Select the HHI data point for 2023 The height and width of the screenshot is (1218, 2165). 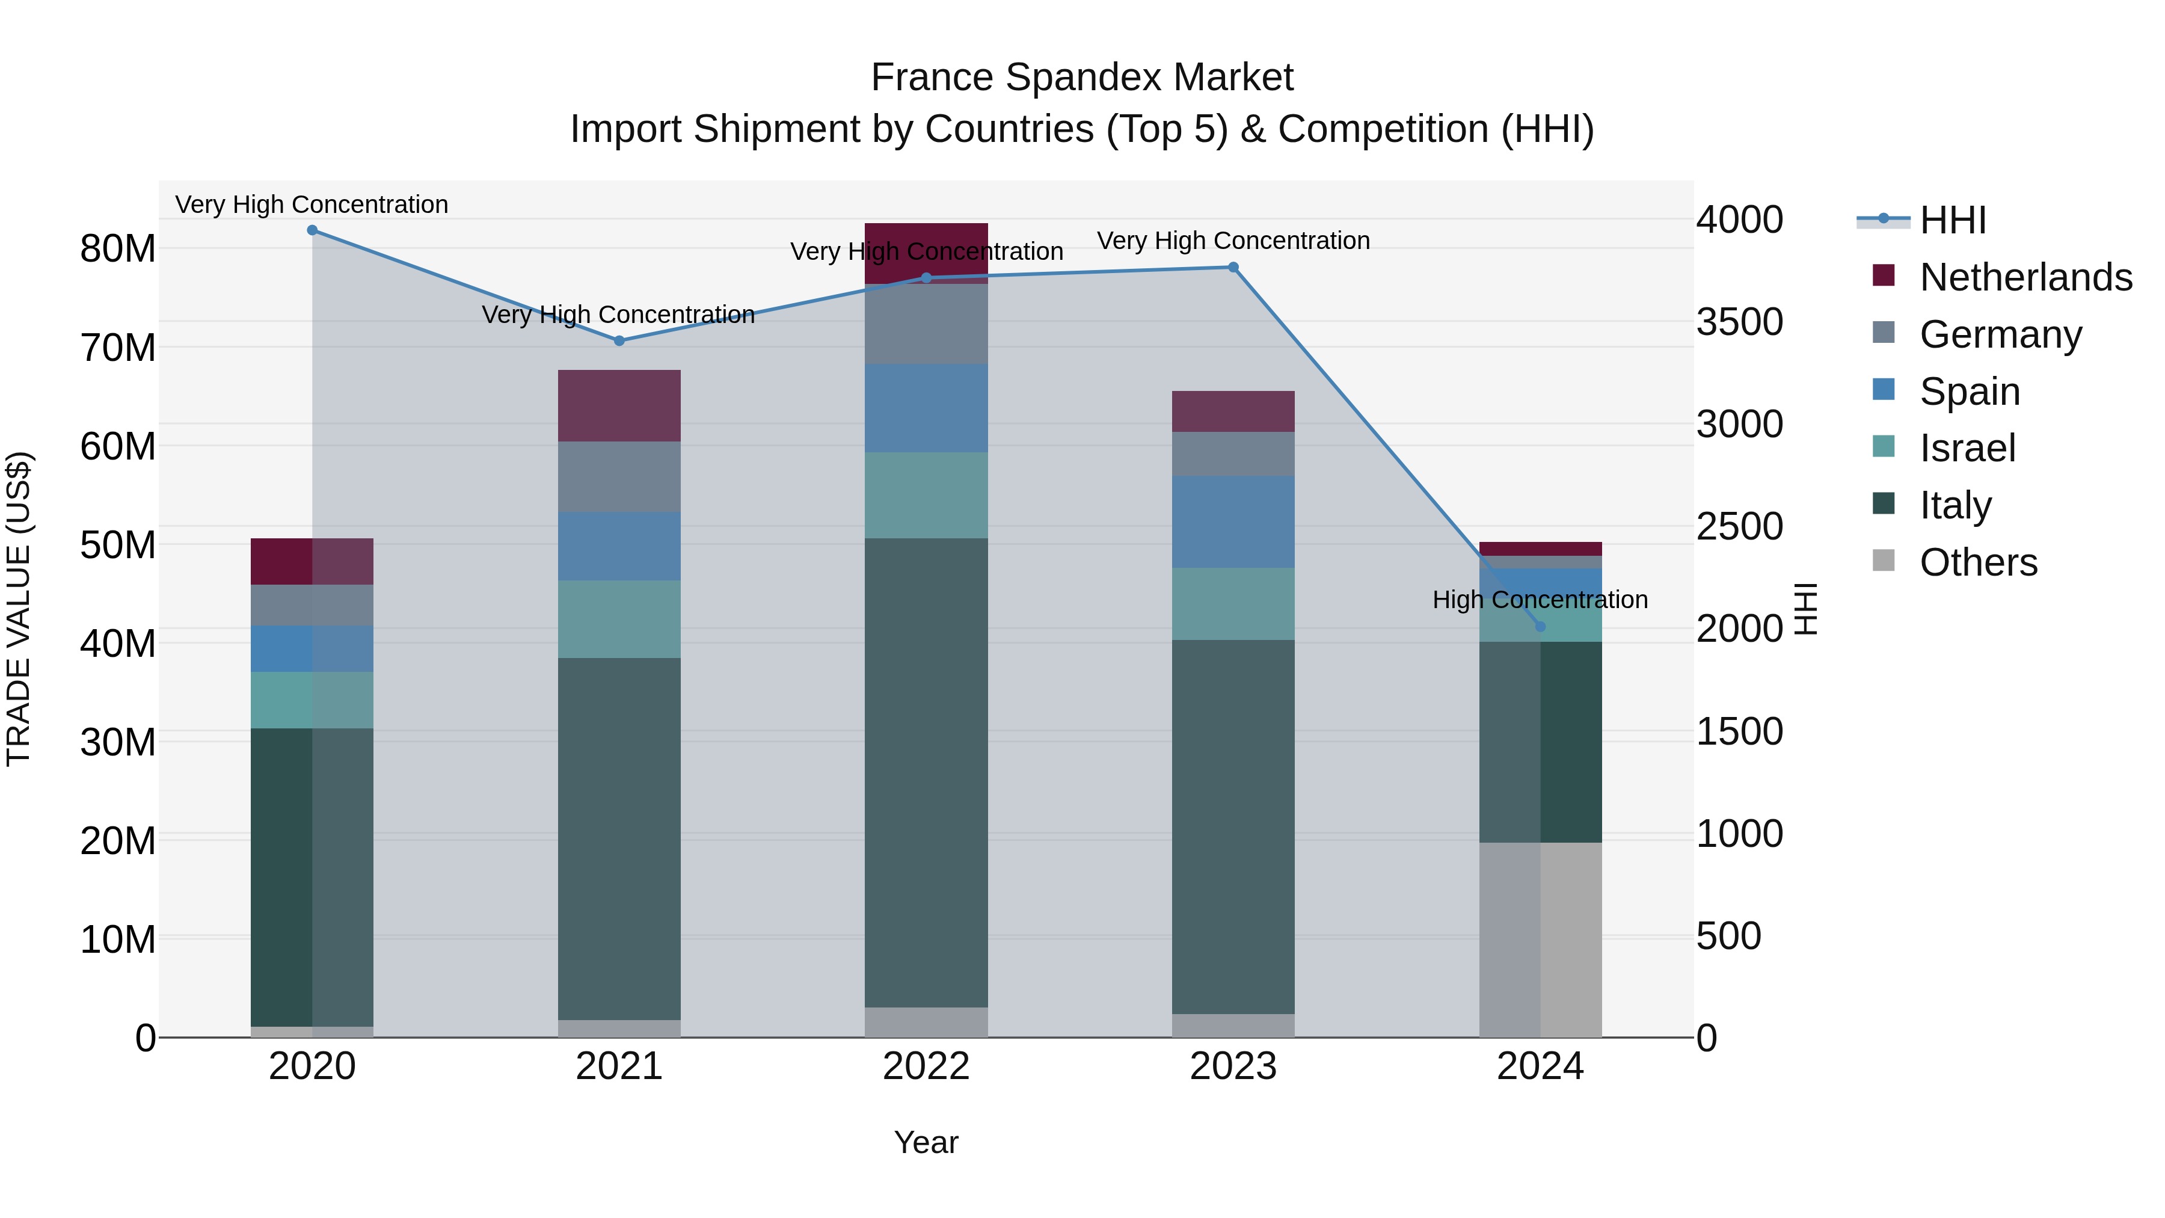[x=1233, y=267]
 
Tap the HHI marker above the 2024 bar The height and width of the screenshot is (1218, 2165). [x=1540, y=626]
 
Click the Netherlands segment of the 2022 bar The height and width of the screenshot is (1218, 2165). [x=926, y=252]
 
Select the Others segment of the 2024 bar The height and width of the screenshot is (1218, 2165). [x=1540, y=939]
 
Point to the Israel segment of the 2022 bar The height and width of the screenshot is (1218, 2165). [x=926, y=495]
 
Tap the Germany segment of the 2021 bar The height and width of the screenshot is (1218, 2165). [x=619, y=476]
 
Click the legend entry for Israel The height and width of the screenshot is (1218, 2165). [x=1967, y=448]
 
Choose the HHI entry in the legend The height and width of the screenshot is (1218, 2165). [x=1952, y=220]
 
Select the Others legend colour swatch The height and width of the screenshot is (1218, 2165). [x=1884, y=561]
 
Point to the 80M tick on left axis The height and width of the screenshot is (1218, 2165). [x=118, y=249]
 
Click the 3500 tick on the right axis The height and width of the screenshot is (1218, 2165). [x=1739, y=322]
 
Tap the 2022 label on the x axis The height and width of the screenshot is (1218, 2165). [x=926, y=1066]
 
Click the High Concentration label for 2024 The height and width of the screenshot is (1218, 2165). [x=1540, y=599]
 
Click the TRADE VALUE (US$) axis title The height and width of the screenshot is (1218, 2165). [x=19, y=609]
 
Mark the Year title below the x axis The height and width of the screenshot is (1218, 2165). [x=926, y=1142]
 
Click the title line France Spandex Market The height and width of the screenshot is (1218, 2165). [x=1082, y=78]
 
